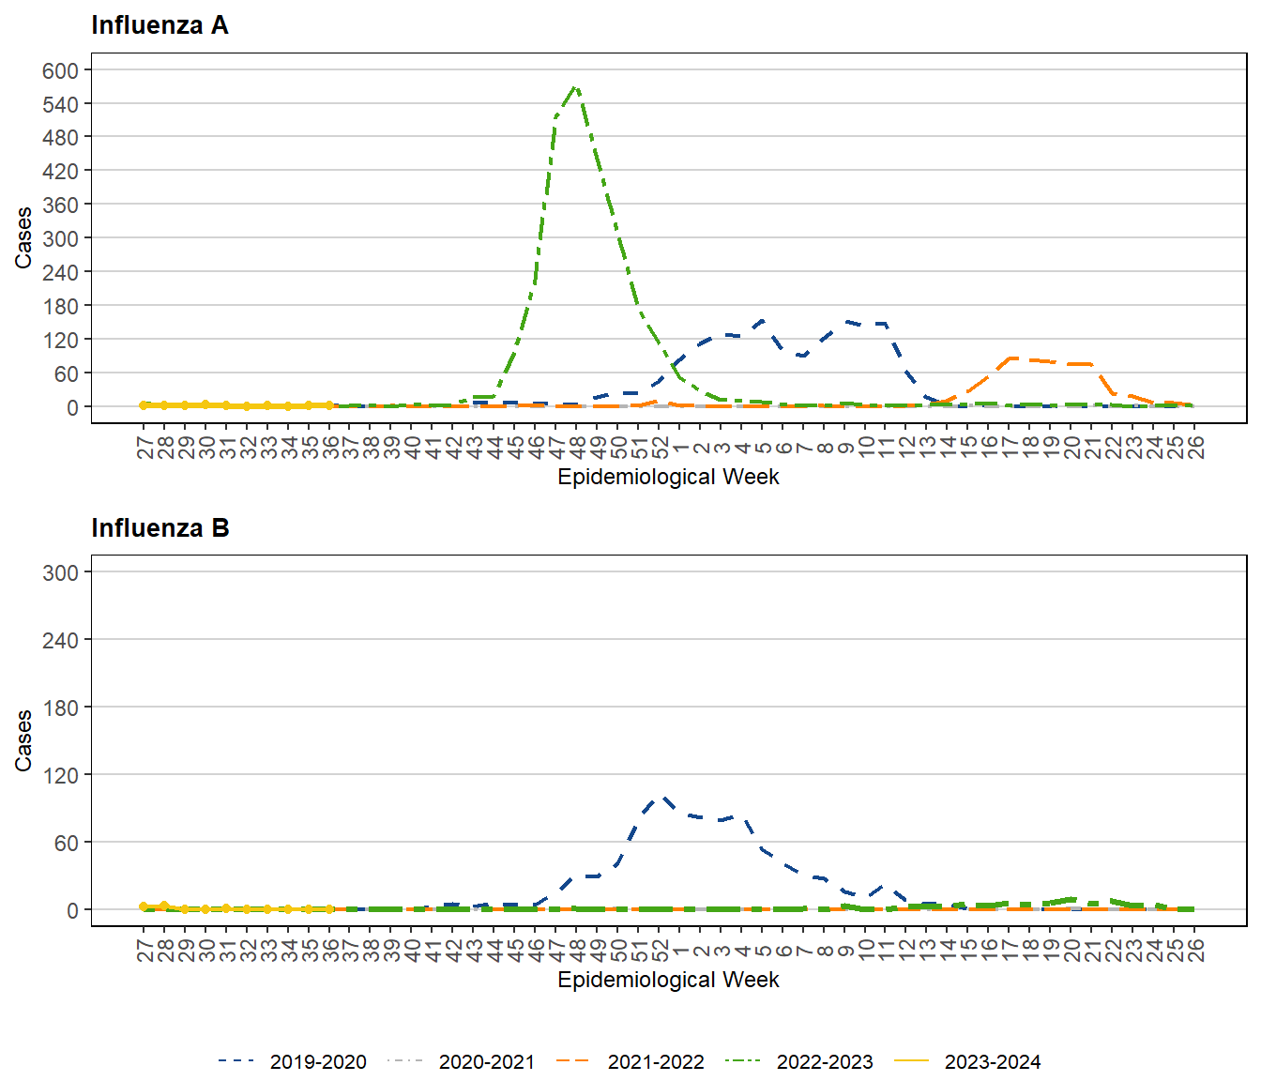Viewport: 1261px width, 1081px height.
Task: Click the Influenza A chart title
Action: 160,25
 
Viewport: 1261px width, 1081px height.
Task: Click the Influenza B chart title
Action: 160,528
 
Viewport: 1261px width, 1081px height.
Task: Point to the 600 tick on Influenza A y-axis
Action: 60,70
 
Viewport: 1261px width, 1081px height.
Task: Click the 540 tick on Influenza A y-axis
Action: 60,104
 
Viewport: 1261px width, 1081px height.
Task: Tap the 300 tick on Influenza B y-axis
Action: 60,572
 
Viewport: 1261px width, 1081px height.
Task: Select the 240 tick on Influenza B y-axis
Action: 60,640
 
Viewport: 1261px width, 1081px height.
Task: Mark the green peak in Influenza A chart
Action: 575,87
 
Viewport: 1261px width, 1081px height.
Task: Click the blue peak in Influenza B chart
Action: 662,798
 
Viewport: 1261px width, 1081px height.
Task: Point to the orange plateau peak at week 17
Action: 1010,358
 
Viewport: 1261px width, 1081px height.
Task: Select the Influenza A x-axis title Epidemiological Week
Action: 668,477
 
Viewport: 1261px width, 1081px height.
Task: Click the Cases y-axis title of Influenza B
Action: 23,740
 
